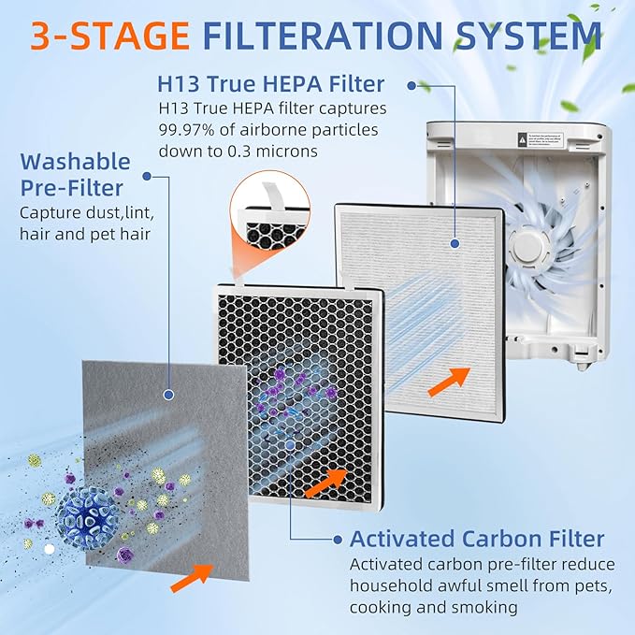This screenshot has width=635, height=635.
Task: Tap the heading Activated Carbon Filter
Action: [477, 540]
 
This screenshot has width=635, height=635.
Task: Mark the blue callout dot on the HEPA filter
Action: [455, 244]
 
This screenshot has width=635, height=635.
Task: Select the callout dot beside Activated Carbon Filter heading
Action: [337, 540]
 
